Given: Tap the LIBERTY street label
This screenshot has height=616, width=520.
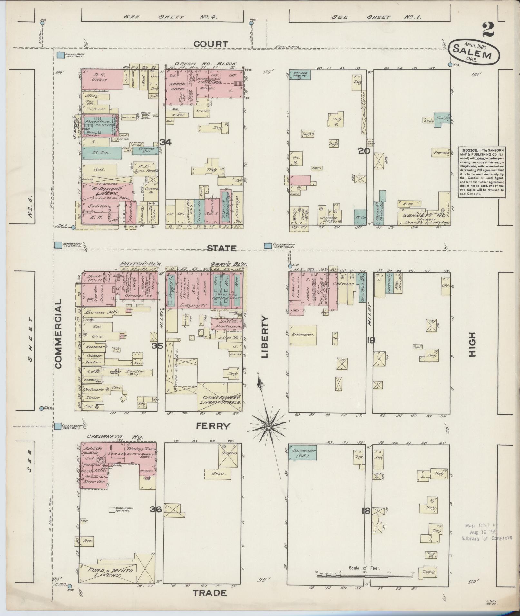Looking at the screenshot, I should (265, 337).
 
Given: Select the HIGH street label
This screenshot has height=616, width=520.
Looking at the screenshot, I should (472, 344).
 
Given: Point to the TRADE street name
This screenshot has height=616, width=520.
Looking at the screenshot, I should (210, 593).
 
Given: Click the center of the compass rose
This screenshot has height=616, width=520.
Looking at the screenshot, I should (268, 427).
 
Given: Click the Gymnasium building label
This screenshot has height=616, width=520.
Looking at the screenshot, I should (303, 335).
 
